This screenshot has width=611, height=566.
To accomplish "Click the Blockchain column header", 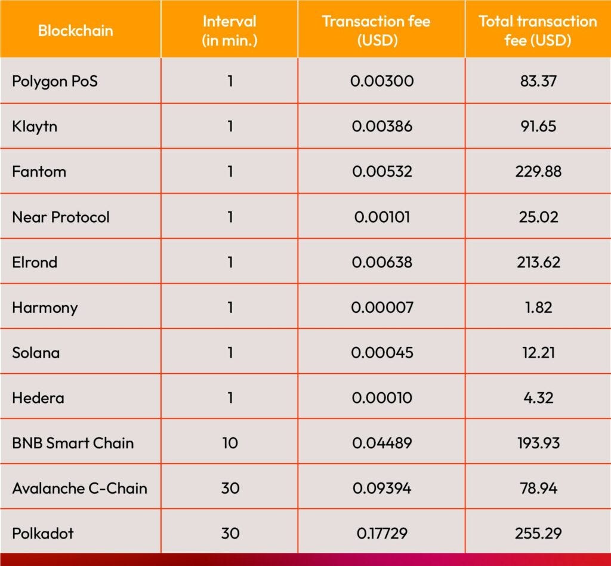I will pyautogui.click(x=75, y=30).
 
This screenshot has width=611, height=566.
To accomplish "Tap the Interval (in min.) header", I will pyautogui.click(x=230, y=30).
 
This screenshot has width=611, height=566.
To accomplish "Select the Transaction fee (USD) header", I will pyautogui.click(x=376, y=30).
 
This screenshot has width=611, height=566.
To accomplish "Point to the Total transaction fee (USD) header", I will pyautogui.click(x=538, y=30).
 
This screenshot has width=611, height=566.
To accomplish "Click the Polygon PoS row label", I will pyautogui.click(x=54, y=81).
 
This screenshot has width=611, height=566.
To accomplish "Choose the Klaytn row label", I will pyautogui.click(x=35, y=127).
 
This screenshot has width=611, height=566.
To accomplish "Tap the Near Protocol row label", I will pyautogui.click(x=61, y=217).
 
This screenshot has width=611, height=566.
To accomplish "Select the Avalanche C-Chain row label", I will pyautogui.click(x=79, y=488).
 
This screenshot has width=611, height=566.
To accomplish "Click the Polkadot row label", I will pyautogui.click(x=43, y=533).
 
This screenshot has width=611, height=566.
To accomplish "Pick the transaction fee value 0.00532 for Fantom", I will pyautogui.click(x=382, y=172).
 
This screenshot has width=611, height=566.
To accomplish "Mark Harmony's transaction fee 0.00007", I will pyautogui.click(x=382, y=307).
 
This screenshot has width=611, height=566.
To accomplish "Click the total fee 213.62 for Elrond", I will pyautogui.click(x=538, y=262).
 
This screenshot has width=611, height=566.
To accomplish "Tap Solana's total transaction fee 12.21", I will pyautogui.click(x=538, y=352).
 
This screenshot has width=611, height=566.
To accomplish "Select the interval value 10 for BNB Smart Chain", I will pyautogui.click(x=230, y=443).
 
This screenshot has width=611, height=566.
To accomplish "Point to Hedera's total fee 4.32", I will pyautogui.click(x=538, y=398).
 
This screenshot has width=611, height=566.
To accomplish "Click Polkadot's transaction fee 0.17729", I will pyautogui.click(x=382, y=533).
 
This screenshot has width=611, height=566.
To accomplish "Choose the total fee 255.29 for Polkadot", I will pyautogui.click(x=538, y=533).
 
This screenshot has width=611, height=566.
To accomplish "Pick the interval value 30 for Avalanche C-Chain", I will pyautogui.click(x=230, y=488).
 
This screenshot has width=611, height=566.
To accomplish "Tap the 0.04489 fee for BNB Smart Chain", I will pyautogui.click(x=382, y=443).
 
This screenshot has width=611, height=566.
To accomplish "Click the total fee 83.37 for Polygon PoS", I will pyautogui.click(x=538, y=81).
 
